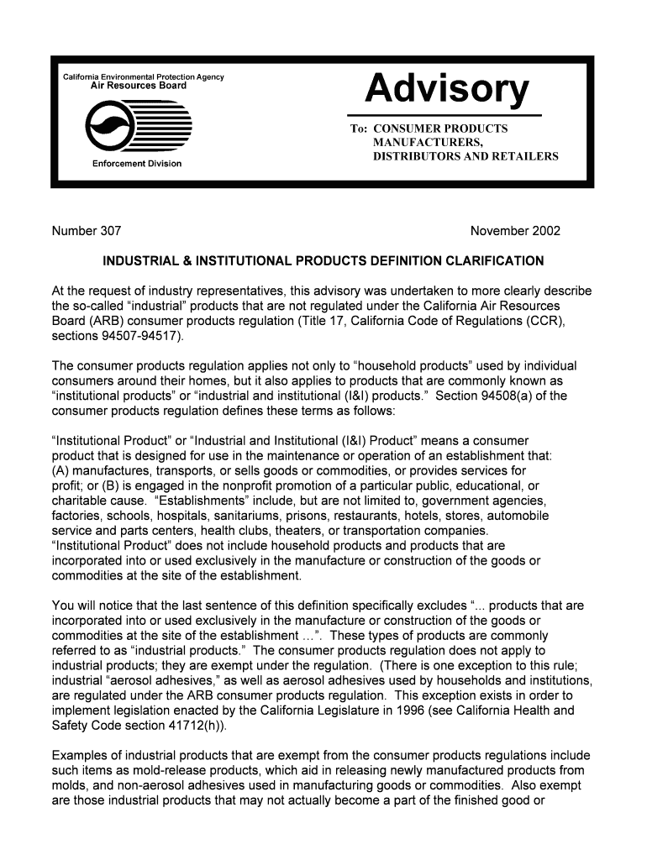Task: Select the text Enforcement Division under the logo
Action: [137, 163]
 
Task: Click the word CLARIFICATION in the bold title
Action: [494, 260]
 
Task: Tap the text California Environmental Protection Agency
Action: [144, 77]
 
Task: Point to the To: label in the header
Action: [359, 128]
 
